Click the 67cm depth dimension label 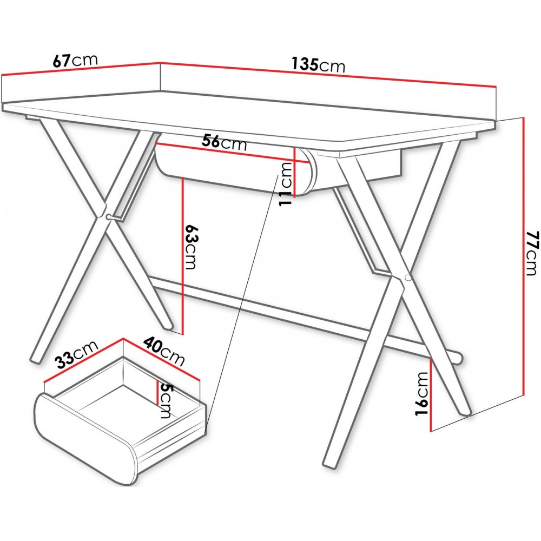(75, 61)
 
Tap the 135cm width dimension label (318, 64)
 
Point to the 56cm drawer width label (225, 142)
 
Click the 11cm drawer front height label (286, 184)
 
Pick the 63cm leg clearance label (190, 247)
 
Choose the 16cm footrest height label (421, 394)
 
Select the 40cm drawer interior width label (164, 351)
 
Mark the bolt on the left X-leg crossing (109, 217)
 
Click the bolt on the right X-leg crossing (407, 278)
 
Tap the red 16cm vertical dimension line (431, 395)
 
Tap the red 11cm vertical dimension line (294, 172)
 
